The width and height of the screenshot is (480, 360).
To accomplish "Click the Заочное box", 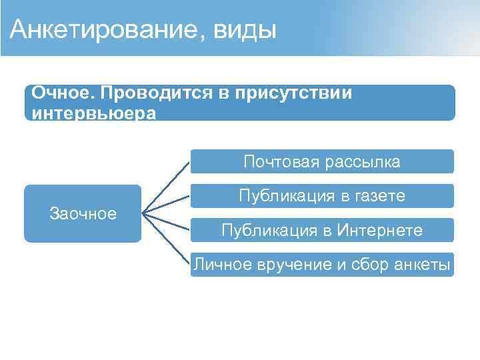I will click(83, 213).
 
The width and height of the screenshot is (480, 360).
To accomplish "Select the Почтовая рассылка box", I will click(322, 161).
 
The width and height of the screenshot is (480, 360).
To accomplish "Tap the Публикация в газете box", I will click(322, 196).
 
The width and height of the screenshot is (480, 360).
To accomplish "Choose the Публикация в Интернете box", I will click(322, 231).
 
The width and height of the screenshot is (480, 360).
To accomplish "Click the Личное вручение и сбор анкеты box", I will click(322, 265).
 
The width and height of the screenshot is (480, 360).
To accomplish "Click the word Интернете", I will click(380, 231).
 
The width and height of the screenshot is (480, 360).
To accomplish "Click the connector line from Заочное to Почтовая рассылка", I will click(167, 187).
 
